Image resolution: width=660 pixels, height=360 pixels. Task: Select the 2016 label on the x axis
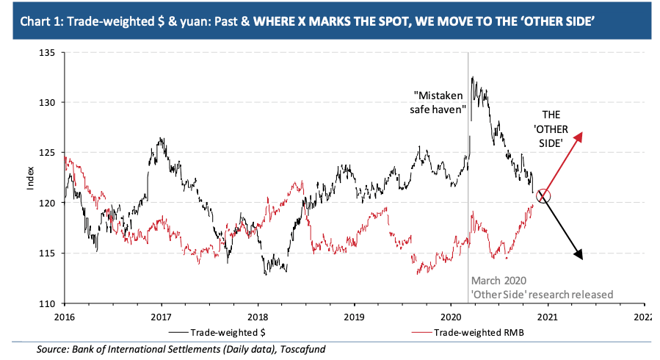[64, 317]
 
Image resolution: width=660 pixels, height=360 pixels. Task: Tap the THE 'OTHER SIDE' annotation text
[552, 129]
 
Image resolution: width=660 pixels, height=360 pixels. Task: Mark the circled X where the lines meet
[543, 195]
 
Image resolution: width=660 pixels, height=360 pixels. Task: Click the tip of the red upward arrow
[583, 132]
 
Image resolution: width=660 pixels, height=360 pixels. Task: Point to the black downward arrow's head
[581, 257]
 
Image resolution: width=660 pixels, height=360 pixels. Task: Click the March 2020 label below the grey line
[498, 281]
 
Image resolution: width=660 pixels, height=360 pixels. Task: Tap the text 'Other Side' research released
[542, 295]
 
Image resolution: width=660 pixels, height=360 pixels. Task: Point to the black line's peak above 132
[472, 77]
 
